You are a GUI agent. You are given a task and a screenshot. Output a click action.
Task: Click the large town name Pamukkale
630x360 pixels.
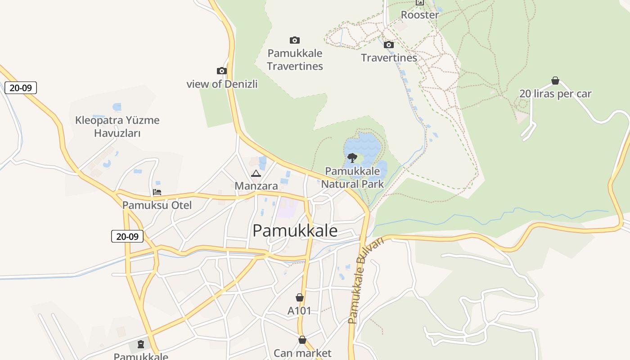pos(295,231)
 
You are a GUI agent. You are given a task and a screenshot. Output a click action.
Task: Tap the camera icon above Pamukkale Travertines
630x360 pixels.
pos(295,40)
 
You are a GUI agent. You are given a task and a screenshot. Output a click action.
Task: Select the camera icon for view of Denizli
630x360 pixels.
pos(221,71)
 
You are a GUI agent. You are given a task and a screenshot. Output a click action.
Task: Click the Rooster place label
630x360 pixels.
pos(419,15)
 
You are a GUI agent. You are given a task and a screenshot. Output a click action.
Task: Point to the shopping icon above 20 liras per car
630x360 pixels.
pos(555,81)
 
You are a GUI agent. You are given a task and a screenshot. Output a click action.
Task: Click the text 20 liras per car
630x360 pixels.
pos(555,94)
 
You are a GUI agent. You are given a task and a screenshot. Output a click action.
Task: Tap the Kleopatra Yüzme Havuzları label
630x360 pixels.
pos(117,126)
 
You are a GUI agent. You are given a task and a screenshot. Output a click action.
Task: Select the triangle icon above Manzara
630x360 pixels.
pos(256,174)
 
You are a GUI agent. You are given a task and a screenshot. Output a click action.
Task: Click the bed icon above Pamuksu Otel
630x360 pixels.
pos(157,192)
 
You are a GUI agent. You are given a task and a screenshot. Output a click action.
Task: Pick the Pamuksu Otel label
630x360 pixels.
pos(157,206)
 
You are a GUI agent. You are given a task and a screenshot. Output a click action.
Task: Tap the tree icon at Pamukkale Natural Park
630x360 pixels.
pos(352,157)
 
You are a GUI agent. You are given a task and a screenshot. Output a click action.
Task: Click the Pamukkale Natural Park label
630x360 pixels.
pos(352,177)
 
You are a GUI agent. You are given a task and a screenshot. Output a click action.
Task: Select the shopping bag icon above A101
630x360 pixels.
pos(300,298)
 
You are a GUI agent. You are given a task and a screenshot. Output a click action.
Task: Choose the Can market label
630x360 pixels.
pos(302,353)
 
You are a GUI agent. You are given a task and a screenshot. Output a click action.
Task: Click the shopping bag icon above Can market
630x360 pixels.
pos(302,340)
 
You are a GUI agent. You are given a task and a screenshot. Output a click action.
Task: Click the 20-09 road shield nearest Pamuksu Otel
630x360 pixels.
pos(127,236)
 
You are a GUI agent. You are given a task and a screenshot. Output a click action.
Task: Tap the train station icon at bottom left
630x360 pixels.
pos(141,345)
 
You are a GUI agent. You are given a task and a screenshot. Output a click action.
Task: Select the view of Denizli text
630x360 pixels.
pos(222,84)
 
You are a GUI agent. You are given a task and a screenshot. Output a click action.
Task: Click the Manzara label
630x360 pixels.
pos(256,186)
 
